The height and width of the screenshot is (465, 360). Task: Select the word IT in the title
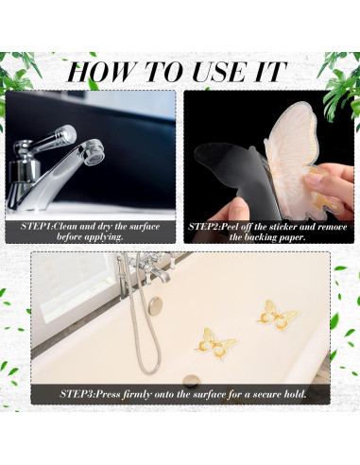[269, 72]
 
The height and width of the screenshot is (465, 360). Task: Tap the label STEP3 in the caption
[77, 394]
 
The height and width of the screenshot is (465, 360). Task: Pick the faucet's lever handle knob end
[67, 134]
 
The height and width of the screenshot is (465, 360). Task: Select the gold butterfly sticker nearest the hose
[216, 343]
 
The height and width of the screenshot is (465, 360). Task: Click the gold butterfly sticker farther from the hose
[277, 316]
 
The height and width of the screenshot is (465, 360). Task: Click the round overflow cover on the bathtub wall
[156, 306]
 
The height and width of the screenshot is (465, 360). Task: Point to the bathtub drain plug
[191, 379]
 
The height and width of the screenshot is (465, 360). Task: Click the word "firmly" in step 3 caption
[136, 394]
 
